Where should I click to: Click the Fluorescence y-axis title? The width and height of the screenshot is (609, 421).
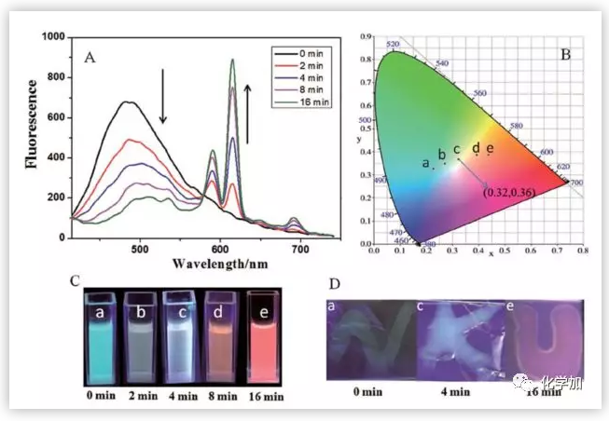pyautogui.click(x=33, y=135)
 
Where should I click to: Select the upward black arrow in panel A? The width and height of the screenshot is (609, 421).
pyautogui.click(x=247, y=111)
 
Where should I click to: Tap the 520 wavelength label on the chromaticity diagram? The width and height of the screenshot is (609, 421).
pyautogui.click(x=393, y=44)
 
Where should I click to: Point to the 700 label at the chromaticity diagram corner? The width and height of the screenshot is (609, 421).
pyautogui.click(x=575, y=183)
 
